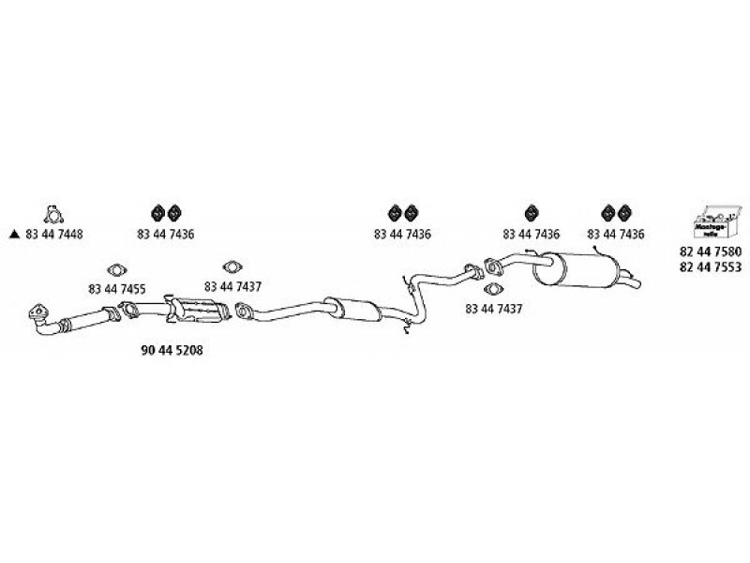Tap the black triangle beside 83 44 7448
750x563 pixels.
14,235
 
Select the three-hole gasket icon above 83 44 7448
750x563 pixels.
53,214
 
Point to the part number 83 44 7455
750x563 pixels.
116,289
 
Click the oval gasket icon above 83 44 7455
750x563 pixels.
117,269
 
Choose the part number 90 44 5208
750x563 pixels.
172,349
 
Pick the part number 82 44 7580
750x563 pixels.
710,251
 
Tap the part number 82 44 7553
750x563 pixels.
710,266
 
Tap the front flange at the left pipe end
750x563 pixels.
38,313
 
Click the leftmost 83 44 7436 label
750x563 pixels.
165,235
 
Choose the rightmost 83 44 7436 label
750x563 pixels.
616,235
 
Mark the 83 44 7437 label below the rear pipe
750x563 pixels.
494,307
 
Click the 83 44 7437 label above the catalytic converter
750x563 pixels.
232,286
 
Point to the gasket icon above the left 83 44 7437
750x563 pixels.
231,267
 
